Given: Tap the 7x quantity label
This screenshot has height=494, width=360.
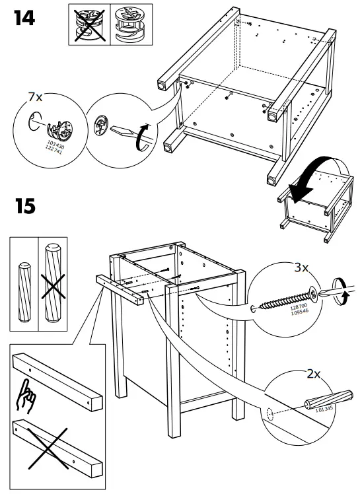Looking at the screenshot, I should click(x=34, y=96).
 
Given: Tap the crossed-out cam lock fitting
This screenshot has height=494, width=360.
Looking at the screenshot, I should click(x=87, y=24).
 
